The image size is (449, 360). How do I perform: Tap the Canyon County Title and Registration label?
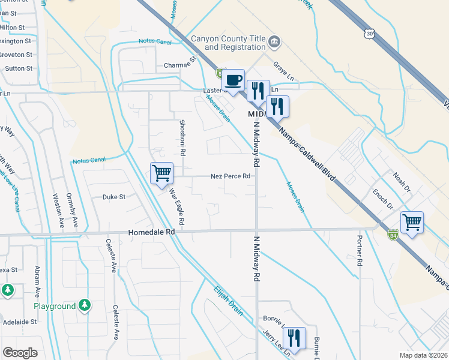[x=228, y=43]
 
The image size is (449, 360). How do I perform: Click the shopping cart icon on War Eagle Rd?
[x=161, y=173]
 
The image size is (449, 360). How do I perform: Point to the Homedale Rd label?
[x=151, y=232]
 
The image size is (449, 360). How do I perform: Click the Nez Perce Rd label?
[x=230, y=176]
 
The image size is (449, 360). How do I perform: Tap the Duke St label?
[x=113, y=196]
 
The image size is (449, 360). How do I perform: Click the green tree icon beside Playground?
[x=85, y=305]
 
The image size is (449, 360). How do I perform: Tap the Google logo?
[x=20, y=352]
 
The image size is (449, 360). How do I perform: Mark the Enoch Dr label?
[x=382, y=198]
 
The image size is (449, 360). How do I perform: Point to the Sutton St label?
[x=18, y=68]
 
